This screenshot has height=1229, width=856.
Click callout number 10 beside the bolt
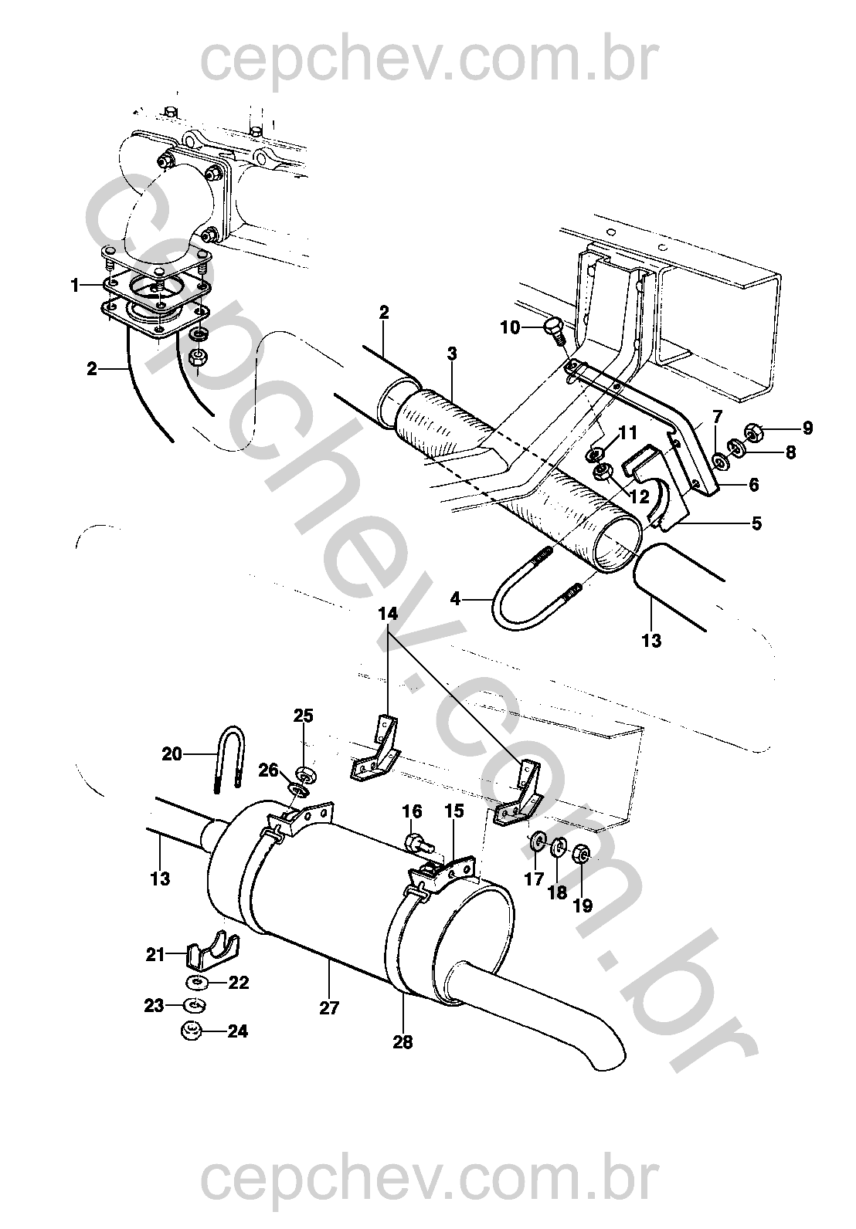click(510, 327)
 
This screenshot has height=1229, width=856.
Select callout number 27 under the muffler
click(329, 1007)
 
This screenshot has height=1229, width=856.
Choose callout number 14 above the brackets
click(387, 614)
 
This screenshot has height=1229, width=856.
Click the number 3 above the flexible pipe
click(451, 354)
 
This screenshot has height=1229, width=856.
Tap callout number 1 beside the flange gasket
click(75, 286)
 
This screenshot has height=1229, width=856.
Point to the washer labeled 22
click(195, 982)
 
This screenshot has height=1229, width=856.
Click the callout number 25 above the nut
click(303, 716)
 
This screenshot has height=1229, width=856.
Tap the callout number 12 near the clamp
click(639, 496)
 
